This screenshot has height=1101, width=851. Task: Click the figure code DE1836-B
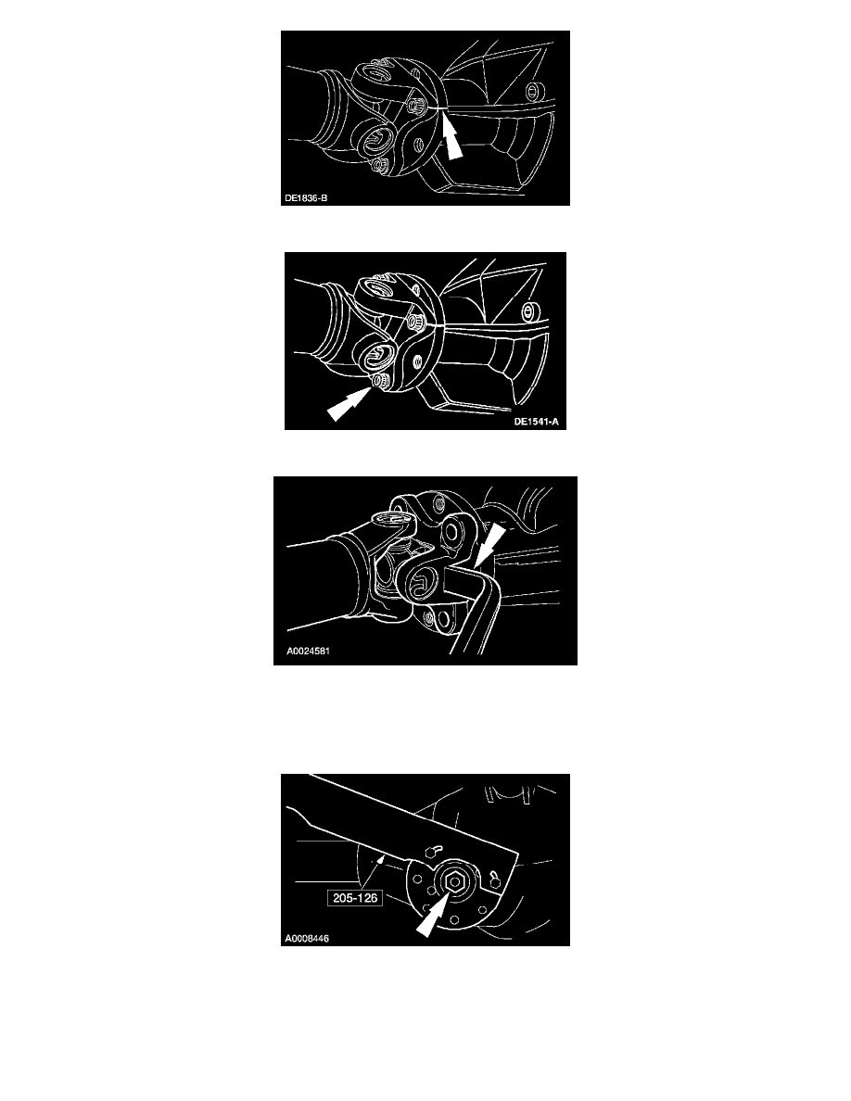(x=305, y=198)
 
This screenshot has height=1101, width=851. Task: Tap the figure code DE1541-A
(x=537, y=422)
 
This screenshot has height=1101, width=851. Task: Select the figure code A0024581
(x=309, y=651)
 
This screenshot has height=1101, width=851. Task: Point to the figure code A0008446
(x=307, y=938)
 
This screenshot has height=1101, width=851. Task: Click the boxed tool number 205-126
(x=355, y=897)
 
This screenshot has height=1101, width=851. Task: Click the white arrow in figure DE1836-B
(x=451, y=138)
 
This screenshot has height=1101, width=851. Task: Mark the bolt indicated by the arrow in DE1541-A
(x=380, y=380)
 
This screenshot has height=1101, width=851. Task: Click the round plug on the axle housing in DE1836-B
(x=535, y=90)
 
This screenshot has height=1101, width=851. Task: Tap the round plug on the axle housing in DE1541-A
(x=528, y=310)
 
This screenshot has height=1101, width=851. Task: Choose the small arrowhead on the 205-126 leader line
(x=383, y=858)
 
